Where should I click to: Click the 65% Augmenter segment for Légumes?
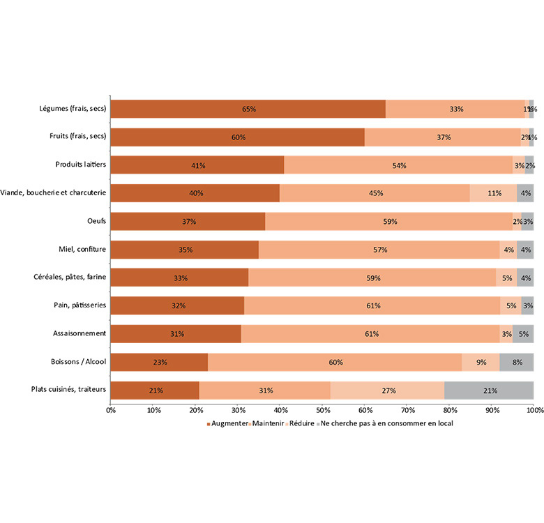coord(248,109)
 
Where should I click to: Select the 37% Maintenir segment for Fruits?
coord(444,137)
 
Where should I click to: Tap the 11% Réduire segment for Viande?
coord(494,193)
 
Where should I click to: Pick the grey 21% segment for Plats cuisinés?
coord(490,391)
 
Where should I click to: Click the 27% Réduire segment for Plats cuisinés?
coord(387,391)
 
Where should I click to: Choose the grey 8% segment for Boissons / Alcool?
coord(517,363)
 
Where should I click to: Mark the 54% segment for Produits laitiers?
coord(399,165)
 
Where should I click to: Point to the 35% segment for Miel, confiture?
coord(185,250)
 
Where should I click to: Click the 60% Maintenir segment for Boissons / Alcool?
coord(335,363)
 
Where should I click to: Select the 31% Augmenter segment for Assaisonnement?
coord(176,334)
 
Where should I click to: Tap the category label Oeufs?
coord(96,221)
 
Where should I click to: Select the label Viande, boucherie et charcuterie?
coord(54,193)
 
